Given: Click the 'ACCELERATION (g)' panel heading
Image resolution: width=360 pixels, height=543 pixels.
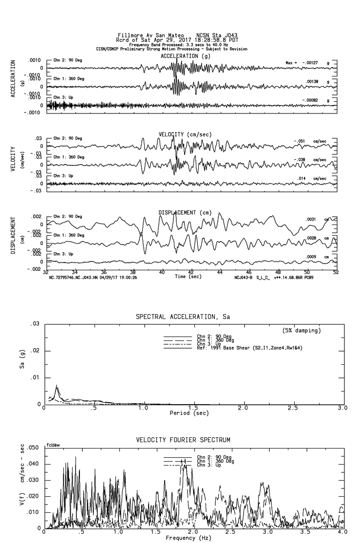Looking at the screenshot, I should coord(185,56).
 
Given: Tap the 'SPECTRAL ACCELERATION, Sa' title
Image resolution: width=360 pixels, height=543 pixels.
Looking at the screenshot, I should coord(183,317).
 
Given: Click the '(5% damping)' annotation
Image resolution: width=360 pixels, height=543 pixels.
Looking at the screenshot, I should coord(302,331).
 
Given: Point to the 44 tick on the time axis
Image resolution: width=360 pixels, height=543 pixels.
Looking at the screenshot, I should coord(220,272).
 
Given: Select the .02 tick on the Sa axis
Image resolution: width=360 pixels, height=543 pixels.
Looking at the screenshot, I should coord(36,351).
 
